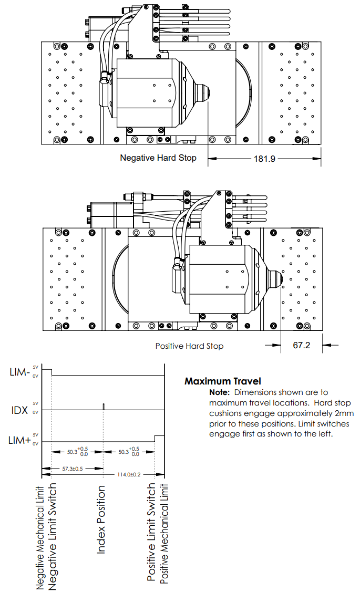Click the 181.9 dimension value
(x=264, y=158)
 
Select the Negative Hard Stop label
(x=158, y=158)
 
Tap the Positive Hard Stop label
(x=189, y=346)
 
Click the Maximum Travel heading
(x=222, y=381)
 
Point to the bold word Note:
(x=219, y=392)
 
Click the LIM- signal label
(x=20, y=372)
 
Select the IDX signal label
(x=20, y=410)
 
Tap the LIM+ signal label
(x=20, y=441)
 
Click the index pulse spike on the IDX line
(x=104, y=407)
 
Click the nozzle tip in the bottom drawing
(x=281, y=279)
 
